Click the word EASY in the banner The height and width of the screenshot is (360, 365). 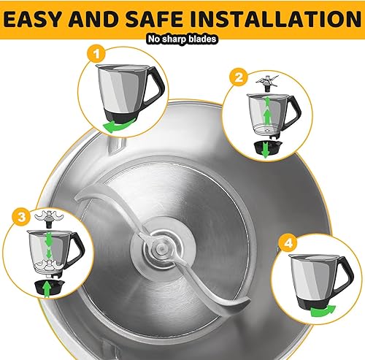coord(31,18)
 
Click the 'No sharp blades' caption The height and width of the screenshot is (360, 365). coord(182,39)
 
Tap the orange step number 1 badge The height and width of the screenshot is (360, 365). coord(96,53)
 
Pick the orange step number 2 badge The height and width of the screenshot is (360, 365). coord(239,77)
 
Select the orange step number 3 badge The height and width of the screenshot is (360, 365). coord(21,216)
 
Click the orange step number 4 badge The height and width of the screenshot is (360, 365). coord(288,243)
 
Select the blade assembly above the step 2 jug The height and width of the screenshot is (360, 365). coord(267,83)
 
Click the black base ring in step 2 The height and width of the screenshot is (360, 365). coord(266,148)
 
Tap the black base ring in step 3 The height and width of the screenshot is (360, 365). coord(49,287)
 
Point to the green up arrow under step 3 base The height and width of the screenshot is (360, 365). coord(47,289)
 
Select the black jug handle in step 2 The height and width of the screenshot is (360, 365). coord(295,112)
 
